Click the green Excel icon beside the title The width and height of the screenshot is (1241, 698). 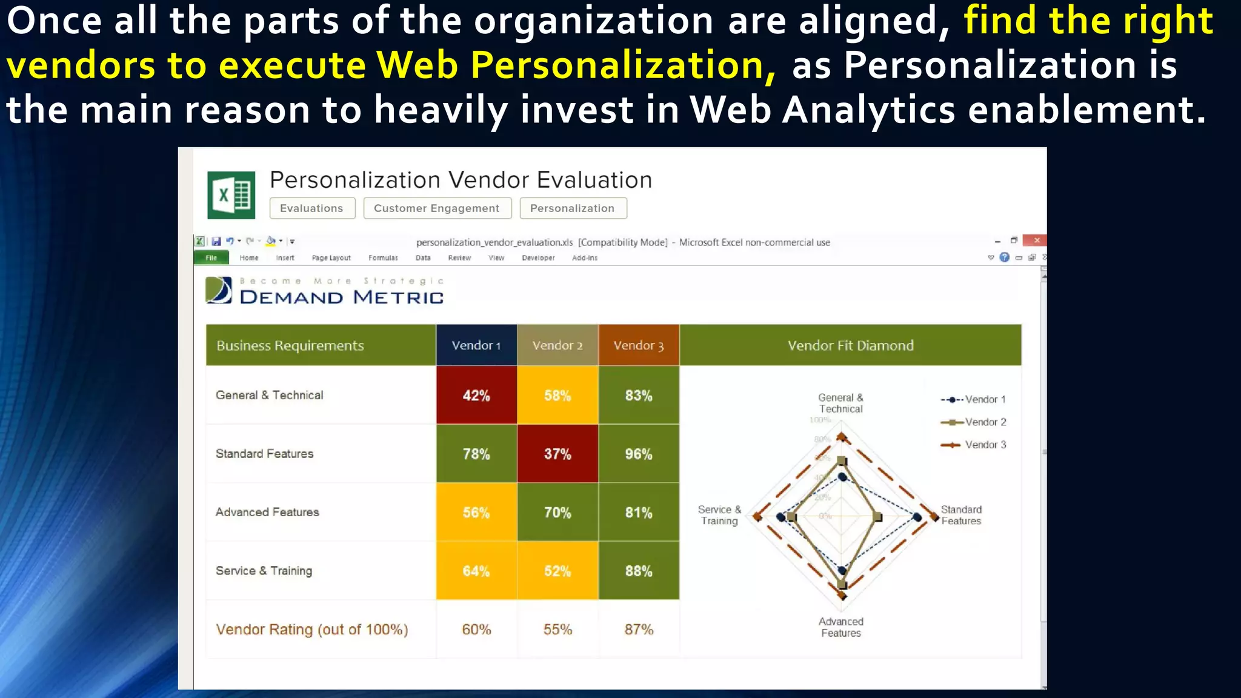coord(231,195)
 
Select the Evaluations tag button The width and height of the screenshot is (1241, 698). coord(312,208)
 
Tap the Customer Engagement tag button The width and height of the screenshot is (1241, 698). coord(437,208)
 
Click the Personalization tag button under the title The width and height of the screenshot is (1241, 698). coord(573,208)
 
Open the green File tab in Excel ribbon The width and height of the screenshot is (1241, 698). coord(211,258)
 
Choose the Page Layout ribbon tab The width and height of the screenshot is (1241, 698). coord(331,258)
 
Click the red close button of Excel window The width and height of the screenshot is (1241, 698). coord(1036,241)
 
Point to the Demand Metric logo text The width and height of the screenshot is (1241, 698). coord(341,297)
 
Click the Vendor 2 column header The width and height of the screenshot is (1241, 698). coord(557,345)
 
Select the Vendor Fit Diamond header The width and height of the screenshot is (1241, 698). coord(850,345)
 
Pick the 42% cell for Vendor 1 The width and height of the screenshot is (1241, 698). coord(476,396)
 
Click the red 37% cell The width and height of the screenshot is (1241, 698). coord(557,454)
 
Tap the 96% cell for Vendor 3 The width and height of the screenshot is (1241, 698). coord(639,454)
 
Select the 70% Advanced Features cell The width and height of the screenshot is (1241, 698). coord(557,513)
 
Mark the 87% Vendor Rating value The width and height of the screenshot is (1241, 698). coord(639,630)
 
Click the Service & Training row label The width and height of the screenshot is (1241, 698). coord(264,571)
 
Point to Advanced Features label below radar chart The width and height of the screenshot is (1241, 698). coord(840,627)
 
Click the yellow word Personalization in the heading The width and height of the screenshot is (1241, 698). coord(622,65)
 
